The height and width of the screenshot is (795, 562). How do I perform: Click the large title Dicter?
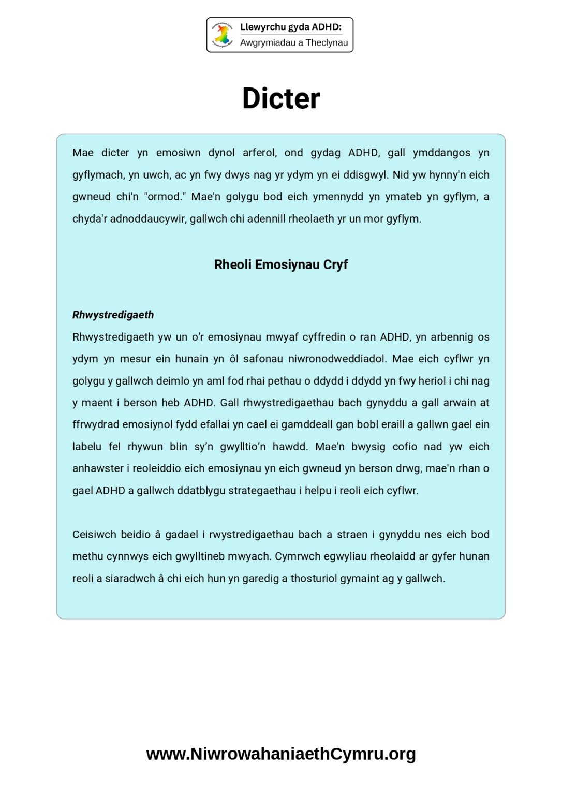[x=281, y=98]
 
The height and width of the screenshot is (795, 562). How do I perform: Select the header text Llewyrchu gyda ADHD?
[x=290, y=27]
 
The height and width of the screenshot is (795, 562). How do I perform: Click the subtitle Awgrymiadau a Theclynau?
[x=293, y=42]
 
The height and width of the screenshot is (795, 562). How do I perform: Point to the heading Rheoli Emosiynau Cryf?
[x=280, y=264]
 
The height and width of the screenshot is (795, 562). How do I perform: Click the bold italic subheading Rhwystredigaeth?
[x=113, y=315]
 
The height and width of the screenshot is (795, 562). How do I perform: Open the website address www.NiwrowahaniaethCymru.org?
[x=280, y=754]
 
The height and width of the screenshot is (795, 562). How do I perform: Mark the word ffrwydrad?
[x=96, y=424]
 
